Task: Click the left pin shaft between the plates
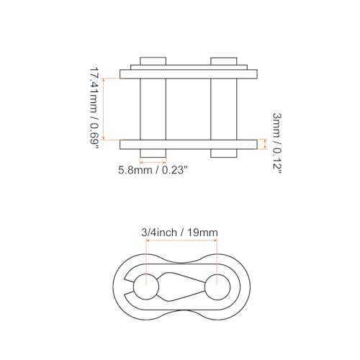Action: click(153, 108)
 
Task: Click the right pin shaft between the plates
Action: click(224, 108)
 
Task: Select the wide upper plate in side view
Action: click(189, 73)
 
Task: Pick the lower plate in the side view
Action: click(189, 144)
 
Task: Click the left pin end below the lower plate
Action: click(153, 153)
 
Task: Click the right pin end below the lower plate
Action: click(224, 153)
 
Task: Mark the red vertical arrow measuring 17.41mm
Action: click(104, 108)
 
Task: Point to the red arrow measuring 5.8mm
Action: click(153, 163)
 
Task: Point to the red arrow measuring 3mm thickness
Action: click(266, 144)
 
